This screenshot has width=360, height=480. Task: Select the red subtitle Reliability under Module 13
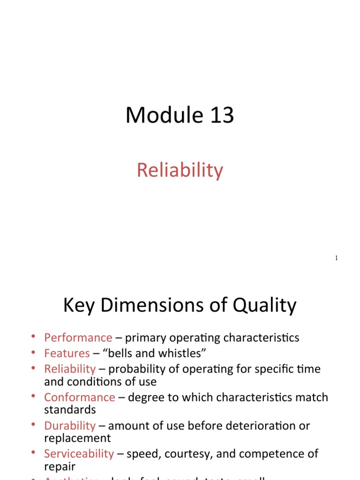180,170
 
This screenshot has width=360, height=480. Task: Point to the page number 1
337,258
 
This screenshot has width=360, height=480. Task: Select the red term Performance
78,337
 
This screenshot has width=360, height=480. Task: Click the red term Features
67,353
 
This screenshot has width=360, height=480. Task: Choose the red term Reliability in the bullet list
70,369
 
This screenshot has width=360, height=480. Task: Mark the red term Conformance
80,397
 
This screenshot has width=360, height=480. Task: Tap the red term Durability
70,426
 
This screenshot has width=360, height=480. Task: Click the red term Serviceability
79,454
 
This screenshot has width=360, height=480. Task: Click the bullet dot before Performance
33,337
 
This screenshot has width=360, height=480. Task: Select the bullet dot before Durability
33,425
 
